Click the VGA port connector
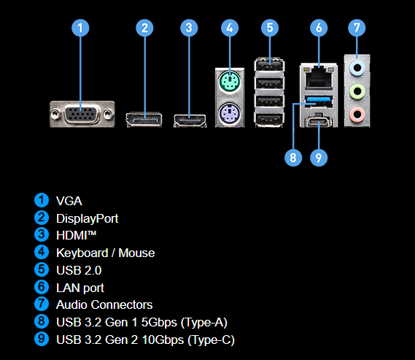click(x=82, y=115)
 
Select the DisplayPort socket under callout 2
click(x=144, y=120)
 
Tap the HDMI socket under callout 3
click(x=190, y=120)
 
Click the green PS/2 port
click(x=230, y=81)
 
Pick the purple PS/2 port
click(x=230, y=113)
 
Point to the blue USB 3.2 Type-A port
click(x=319, y=101)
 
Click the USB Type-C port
click(x=319, y=122)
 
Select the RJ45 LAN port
click(x=319, y=77)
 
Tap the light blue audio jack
click(x=357, y=68)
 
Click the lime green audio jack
click(x=357, y=91)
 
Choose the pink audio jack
click(x=357, y=115)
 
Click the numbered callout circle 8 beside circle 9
click(x=293, y=158)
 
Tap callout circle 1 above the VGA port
click(x=80, y=28)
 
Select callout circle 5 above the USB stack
click(x=270, y=28)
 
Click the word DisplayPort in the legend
click(x=88, y=218)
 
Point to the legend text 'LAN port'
click(x=80, y=288)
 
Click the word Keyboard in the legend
click(x=82, y=253)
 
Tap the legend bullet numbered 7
click(x=42, y=304)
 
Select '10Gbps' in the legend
click(x=163, y=340)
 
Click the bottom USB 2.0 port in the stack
click(x=269, y=120)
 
